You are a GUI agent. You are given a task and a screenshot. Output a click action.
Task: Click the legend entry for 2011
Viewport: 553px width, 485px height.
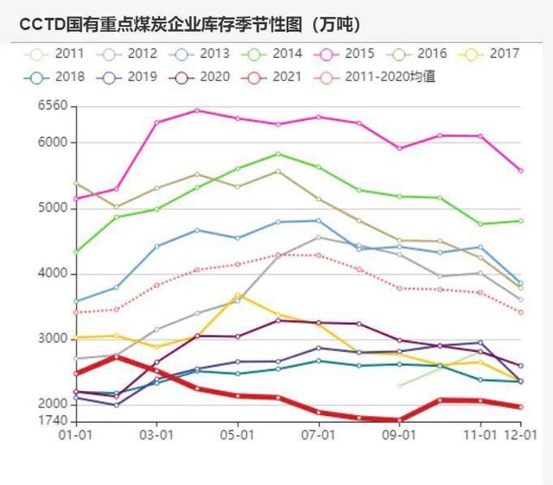click(59, 54)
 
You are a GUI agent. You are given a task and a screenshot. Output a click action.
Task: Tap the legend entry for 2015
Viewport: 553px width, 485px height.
click(348, 54)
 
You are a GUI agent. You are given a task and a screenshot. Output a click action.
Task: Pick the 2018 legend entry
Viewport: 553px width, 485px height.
click(59, 77)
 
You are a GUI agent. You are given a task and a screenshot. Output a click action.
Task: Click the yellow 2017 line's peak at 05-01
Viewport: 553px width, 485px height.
click(238, 295)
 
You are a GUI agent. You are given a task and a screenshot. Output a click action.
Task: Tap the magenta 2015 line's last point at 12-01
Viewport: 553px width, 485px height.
click(520, 171)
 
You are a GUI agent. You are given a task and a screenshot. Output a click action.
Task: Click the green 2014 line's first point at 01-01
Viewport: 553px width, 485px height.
click(76, 252)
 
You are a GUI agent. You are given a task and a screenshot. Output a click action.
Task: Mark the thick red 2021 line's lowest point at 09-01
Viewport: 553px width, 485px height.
click(399, 420)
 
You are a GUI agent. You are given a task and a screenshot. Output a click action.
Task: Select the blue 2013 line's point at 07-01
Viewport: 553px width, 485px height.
click(319, 221)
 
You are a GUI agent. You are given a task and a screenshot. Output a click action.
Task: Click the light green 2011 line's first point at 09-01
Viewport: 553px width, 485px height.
click(399, 385)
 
